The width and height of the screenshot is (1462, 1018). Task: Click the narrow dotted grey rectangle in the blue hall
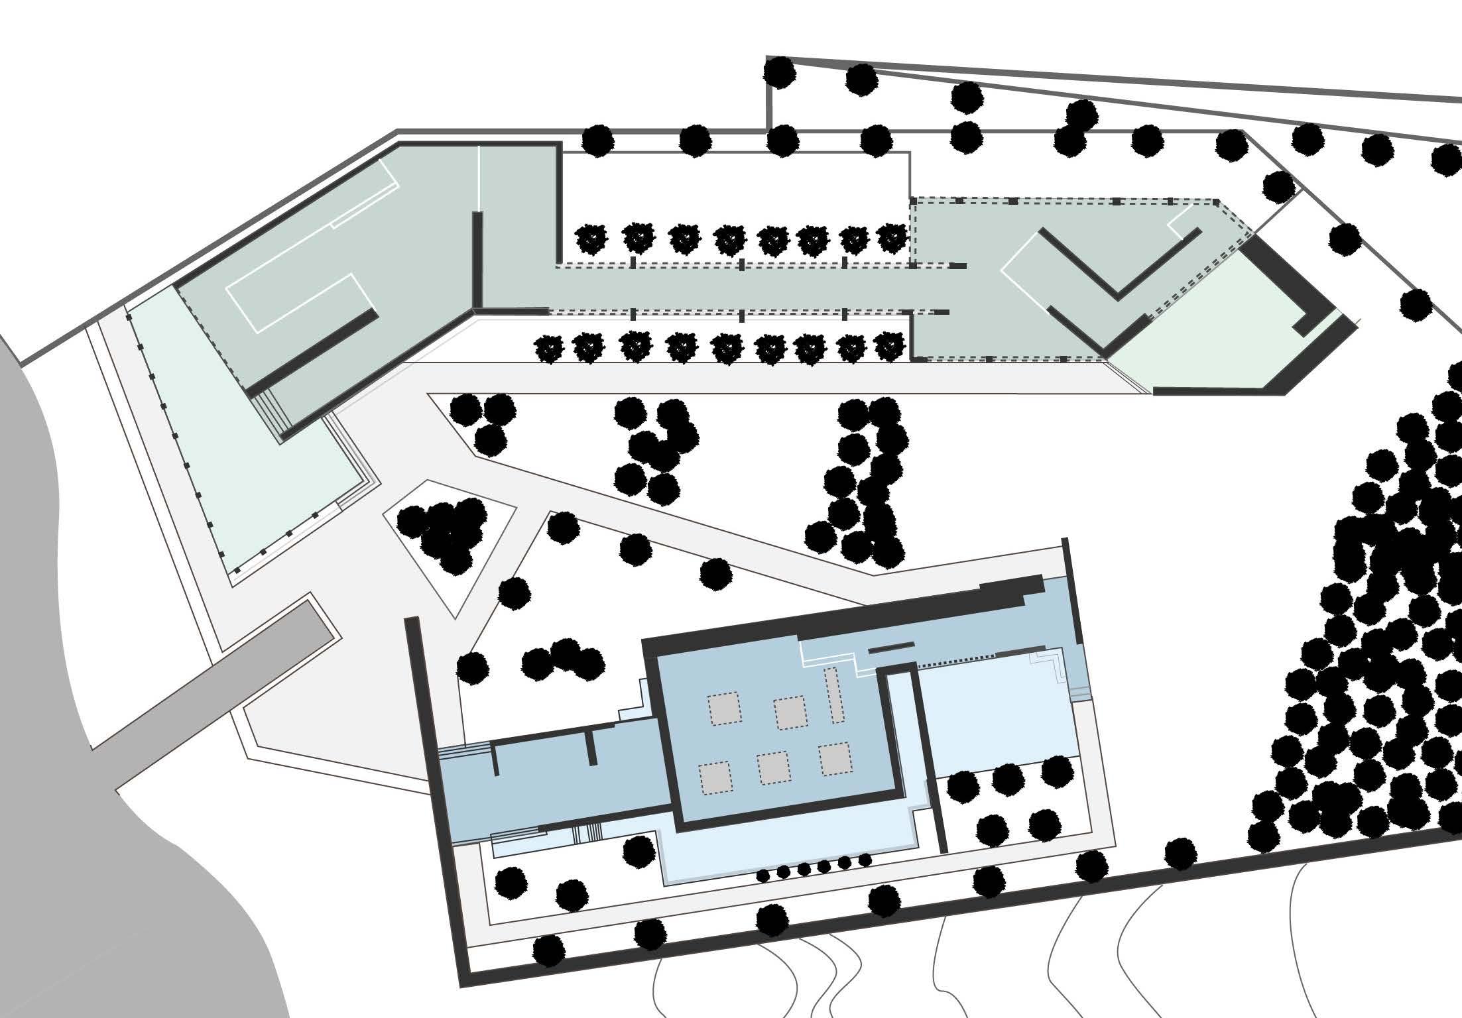(x=833, y=695)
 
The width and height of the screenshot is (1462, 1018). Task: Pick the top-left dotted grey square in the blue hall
(x=724, y=708)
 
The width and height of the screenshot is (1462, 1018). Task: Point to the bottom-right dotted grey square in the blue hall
(x=835, y=760)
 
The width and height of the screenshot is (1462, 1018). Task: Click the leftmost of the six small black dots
(x=763, y=876)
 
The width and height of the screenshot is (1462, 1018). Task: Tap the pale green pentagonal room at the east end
(x=1227, y=331)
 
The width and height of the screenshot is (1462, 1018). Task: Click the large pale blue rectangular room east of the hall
(x=995, y=716)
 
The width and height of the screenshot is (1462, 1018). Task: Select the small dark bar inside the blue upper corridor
(x=891, y=646)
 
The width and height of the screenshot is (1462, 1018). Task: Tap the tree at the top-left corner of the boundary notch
(x=779, y=71)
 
